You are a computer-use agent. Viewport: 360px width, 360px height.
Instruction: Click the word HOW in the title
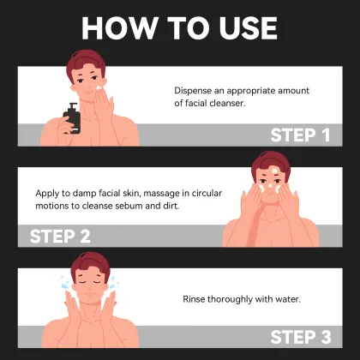pos(120,27)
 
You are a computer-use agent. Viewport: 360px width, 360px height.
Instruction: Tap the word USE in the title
pos(246,27)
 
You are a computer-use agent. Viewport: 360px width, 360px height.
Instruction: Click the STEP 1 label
pos(300,135)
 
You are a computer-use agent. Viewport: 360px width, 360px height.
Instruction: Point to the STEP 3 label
pos(300,337)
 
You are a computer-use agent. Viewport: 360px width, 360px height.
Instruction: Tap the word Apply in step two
pos(49,193)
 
